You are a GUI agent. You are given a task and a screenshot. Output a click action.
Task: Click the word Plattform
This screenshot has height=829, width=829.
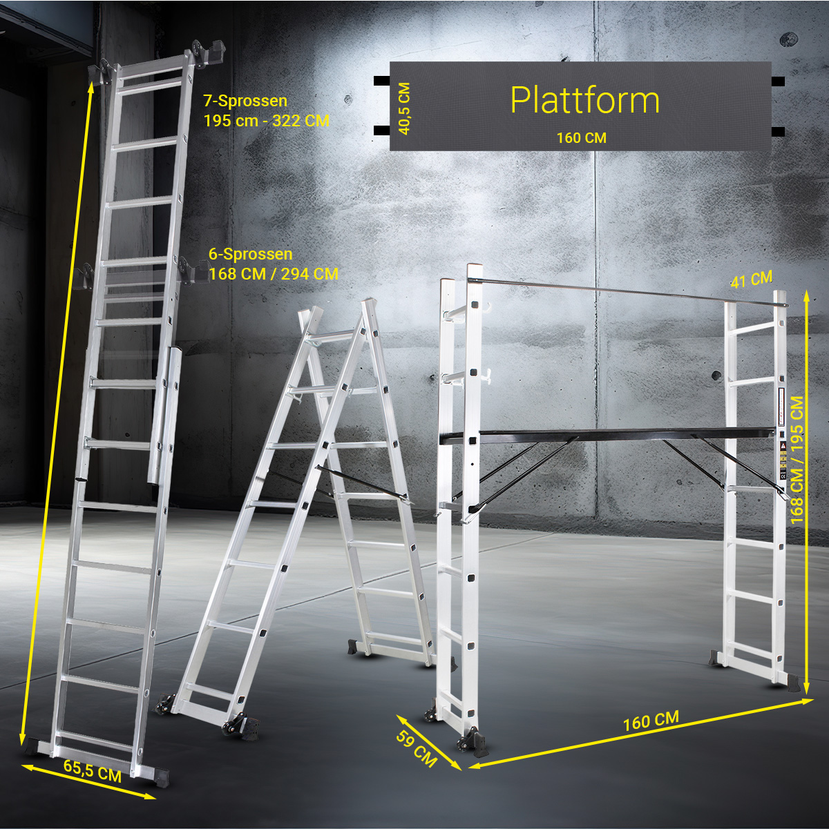[584, 101]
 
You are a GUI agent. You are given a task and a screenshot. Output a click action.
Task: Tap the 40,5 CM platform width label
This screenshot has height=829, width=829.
[405, 109]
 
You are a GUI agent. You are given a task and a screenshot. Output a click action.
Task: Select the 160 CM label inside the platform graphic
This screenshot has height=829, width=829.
[582, 138]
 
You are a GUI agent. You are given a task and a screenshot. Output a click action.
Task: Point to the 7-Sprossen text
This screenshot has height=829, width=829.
[245, 101]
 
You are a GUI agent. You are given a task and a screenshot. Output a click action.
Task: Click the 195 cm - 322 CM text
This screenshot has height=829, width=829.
[267, 121]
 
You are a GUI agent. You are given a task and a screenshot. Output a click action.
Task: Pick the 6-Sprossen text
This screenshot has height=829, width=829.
[251, 254]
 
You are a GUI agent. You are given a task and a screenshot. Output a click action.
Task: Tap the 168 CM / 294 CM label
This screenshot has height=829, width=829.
[274, 273]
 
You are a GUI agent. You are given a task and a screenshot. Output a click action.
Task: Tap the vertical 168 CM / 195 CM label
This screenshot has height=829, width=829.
[797, 460]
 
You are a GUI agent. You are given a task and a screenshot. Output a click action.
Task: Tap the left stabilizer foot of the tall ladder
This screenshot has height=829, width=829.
[35, 748]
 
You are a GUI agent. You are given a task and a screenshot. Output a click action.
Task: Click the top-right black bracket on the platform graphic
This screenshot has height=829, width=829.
[778, 81]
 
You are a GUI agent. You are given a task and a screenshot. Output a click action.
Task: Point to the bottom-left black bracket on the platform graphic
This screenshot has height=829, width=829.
[381, 130]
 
